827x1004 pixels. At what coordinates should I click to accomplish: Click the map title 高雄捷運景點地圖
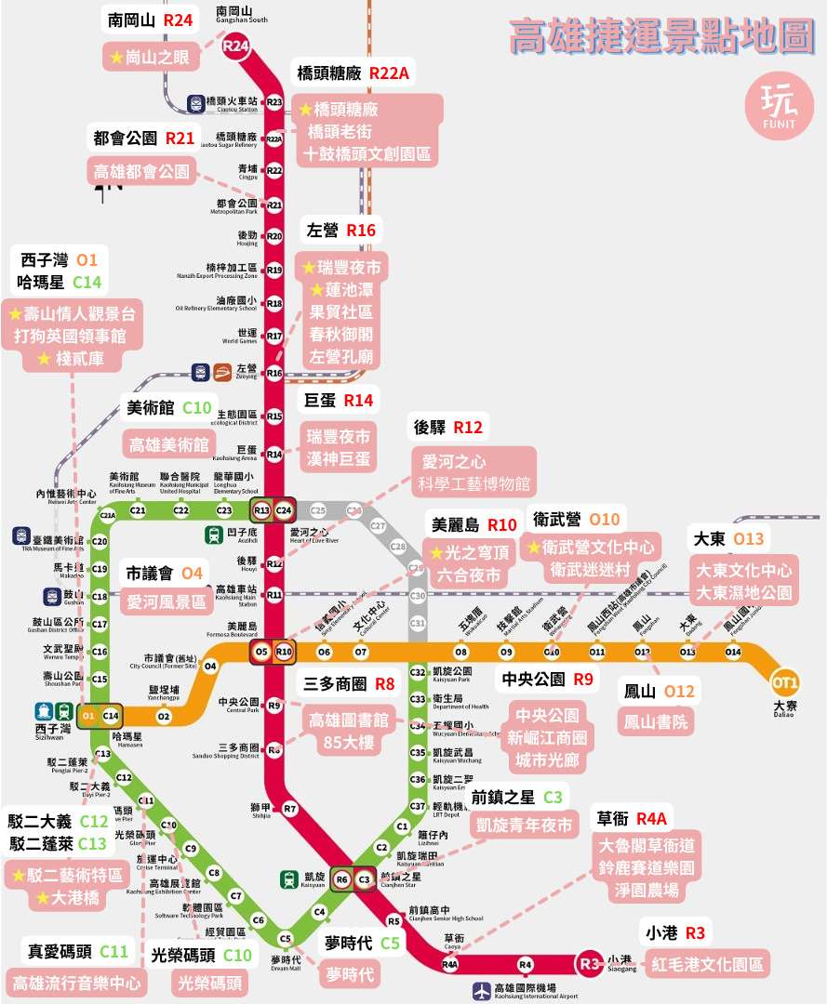coord(661,38)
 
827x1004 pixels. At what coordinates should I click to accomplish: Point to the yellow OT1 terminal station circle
coord(785,683)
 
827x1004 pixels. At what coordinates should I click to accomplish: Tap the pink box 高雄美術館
coord(168,443)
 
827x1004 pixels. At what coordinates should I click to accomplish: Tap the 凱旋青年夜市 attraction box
coord(524,825)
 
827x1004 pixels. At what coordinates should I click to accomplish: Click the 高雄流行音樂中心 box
coord(76,982)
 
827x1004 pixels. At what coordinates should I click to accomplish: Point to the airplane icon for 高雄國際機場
coord(480,991)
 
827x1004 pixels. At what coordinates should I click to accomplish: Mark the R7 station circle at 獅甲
coord(290,809)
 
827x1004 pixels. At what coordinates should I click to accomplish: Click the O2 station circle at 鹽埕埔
coord(164,716)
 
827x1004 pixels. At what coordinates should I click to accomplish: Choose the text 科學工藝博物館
coord(474,484)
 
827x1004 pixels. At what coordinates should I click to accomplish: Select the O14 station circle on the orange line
coord(733,652)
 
